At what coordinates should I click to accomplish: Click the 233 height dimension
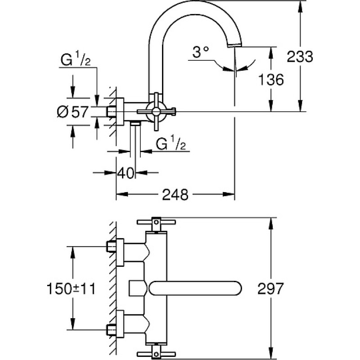(300, 57)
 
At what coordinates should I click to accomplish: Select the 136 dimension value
(271, 80)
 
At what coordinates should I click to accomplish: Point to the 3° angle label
(201, 52)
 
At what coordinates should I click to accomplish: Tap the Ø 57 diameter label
(72, 112)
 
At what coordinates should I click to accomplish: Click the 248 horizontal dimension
(175, 195)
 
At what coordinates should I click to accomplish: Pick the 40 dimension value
(126, 173)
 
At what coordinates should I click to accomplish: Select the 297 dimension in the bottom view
(270, 288)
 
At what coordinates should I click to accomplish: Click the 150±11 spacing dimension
(71, 288)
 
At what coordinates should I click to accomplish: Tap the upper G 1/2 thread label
(76, 58)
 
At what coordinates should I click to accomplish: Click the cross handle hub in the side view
(156, 112)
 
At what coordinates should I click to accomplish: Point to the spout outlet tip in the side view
(234, 46)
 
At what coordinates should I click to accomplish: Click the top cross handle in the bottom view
(156, 222)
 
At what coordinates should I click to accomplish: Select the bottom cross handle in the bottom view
(156, 354)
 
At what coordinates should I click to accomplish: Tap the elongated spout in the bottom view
(195, 288)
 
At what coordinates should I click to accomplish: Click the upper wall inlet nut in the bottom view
(111, 247)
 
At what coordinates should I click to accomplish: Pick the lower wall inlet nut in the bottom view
(111, 330)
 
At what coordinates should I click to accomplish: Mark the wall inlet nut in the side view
(111, 112)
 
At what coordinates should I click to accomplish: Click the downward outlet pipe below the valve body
(135, 140)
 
